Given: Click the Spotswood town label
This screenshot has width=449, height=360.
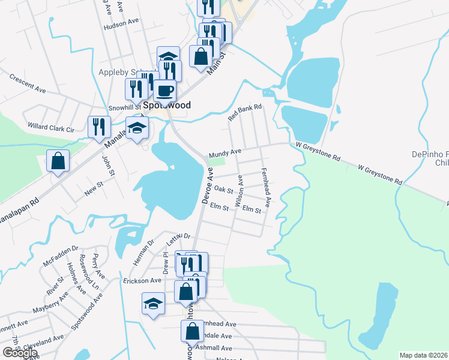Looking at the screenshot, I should click(x=166, y=105).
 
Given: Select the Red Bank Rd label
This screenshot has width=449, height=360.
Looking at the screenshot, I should click(x=246, y=113).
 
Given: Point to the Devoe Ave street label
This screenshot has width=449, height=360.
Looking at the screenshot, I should click(x=208, y=185).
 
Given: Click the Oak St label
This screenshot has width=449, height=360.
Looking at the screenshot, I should click(x=223, y=190).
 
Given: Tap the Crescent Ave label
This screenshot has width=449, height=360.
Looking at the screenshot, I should click(x=28, y=83).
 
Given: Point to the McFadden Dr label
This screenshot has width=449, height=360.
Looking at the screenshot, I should click(x=61, y=255).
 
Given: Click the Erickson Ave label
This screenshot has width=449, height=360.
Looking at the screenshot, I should click(x=142, y=280).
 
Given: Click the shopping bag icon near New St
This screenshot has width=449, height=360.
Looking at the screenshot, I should click(x=58, y=161).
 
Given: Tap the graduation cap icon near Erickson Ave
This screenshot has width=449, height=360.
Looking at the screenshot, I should click(x=154, y=304).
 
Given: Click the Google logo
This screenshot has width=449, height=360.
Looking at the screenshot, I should click(x=20, y=353).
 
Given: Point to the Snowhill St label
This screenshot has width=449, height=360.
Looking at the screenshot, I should click(x=124, y=108).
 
